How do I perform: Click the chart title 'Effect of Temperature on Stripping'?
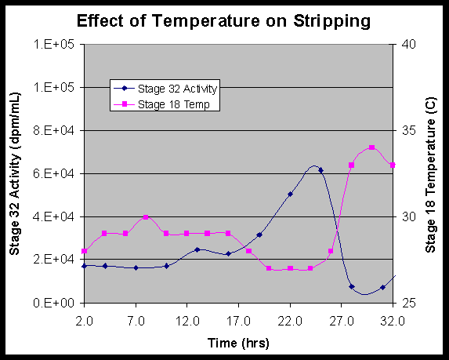(224, 20)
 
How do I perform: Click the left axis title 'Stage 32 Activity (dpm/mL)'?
(15, 173)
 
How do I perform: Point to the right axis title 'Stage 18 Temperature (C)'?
(430, 173)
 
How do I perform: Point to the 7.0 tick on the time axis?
(136, 320)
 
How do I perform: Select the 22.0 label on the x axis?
(290, 320)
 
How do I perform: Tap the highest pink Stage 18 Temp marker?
(371, 147)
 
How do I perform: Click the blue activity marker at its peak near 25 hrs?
(320, 169)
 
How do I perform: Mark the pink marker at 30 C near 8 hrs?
(146, 217)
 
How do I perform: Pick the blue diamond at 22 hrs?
(290, 194)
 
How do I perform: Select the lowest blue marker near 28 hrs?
(352, 287)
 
